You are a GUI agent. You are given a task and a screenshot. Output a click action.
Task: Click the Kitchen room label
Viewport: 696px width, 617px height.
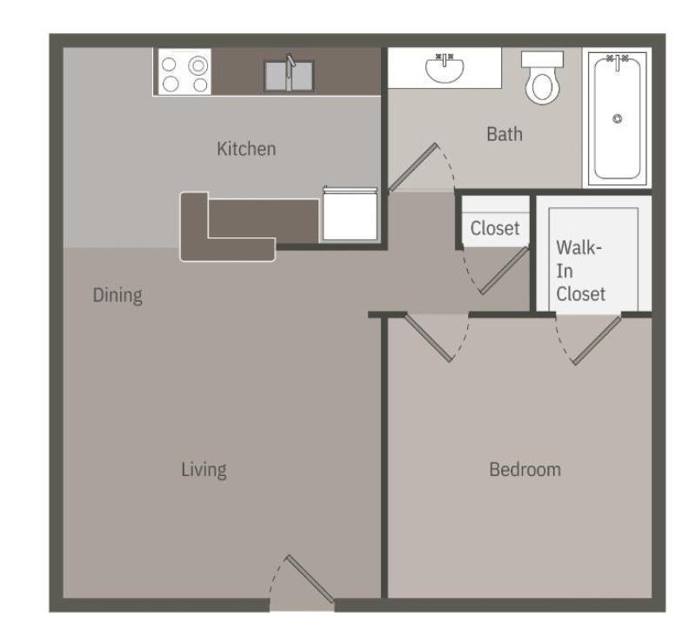(x=246, y=149)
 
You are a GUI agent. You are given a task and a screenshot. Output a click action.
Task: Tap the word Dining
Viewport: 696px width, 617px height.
(x=117, y=296)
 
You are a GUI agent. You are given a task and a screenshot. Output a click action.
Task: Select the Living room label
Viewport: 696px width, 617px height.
(x=204, y=470)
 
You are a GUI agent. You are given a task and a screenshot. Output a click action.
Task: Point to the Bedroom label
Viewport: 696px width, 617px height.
(x=525, y=470)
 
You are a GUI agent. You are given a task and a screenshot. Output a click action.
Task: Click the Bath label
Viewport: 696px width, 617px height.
(x=505, y=134)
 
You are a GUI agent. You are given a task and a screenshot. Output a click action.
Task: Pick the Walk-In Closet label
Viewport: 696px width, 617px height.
(x=580, y=271)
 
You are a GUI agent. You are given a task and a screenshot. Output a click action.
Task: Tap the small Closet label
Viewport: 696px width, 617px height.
(x=495, y=228)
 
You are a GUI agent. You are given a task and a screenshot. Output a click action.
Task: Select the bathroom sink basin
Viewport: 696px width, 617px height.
(x=445, y=69)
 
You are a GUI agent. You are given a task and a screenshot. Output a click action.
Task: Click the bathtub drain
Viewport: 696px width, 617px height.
(x=617, y=118)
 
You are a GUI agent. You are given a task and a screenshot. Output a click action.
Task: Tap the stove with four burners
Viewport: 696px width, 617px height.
(x=184, y=71)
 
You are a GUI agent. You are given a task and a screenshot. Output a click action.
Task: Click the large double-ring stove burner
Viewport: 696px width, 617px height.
(x=198, y=65)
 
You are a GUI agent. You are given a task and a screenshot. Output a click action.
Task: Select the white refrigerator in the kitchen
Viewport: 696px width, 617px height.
(x=351, y=214)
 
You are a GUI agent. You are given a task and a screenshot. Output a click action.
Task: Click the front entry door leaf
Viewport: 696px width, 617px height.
(x=310, y=580)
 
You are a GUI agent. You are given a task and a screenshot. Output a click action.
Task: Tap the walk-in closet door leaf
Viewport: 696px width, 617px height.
(x=598, y=340)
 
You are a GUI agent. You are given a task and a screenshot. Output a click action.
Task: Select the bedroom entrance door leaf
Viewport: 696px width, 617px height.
(x=430, y=338)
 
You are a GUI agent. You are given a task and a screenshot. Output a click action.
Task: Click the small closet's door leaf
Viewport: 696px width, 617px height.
(x=505, y=271)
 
